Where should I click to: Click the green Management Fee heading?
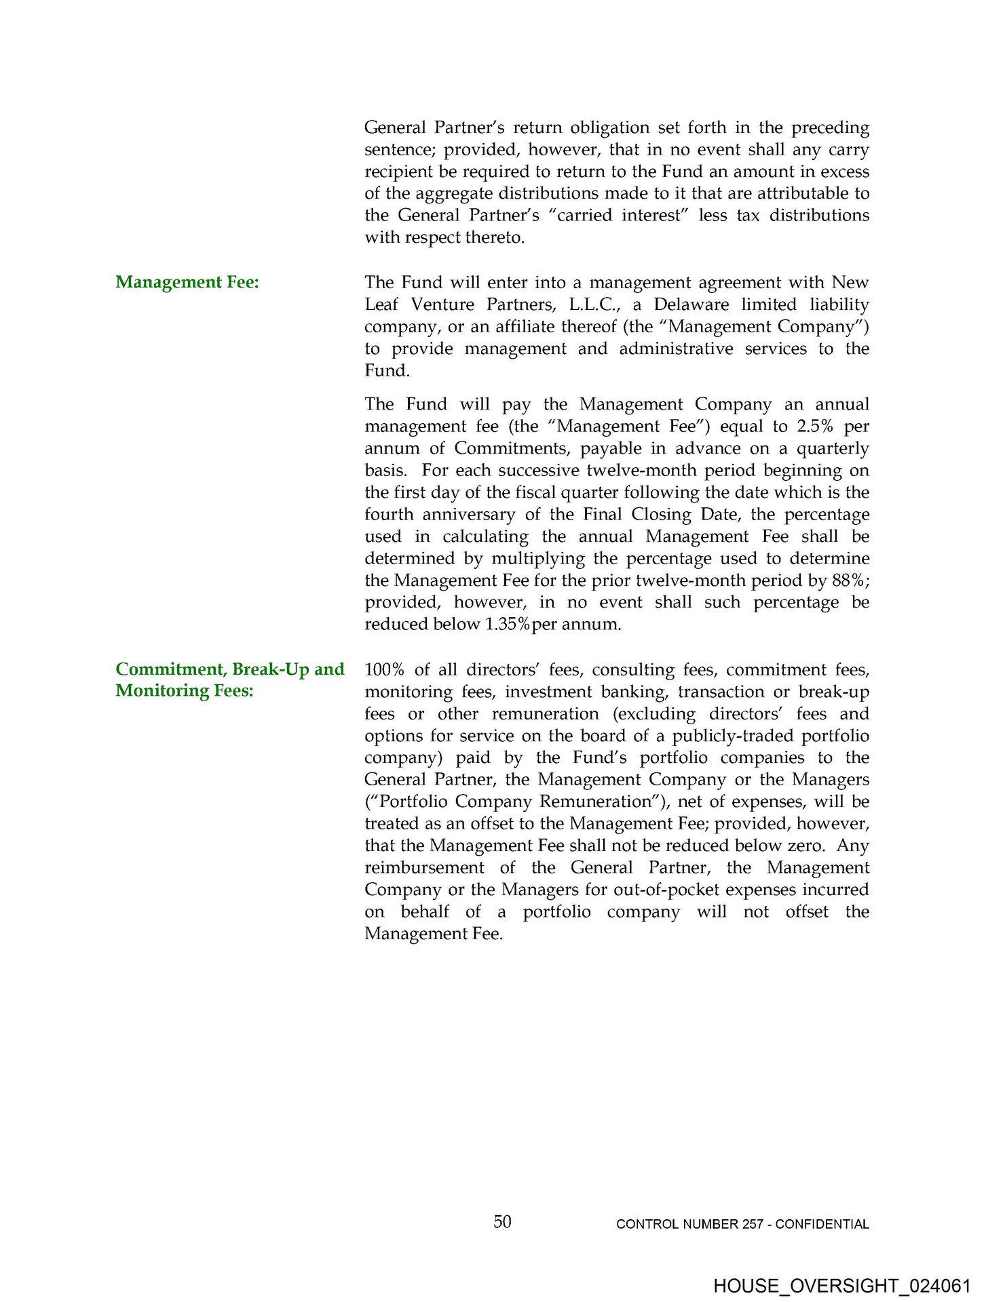pos(187,282)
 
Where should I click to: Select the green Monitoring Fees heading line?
pos(185,690)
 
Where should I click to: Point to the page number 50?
pos(502,1221)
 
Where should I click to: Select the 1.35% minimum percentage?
pos(508,625)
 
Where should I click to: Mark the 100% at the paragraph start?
pos(384,670)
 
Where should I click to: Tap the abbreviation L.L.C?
pos(594,304)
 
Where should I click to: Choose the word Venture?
pos(442,304)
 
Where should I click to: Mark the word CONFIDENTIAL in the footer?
pos(822,1224)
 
